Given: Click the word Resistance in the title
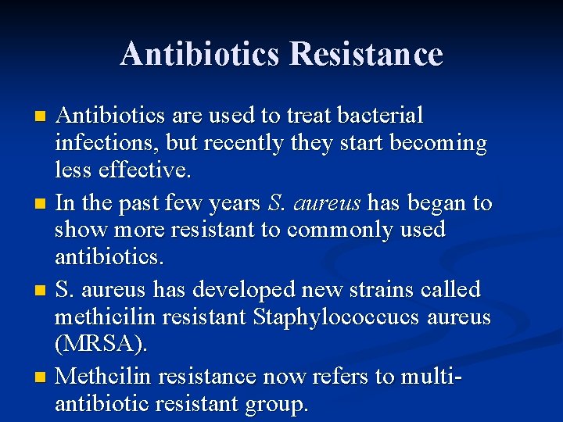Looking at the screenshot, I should [x=365, y=54].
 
